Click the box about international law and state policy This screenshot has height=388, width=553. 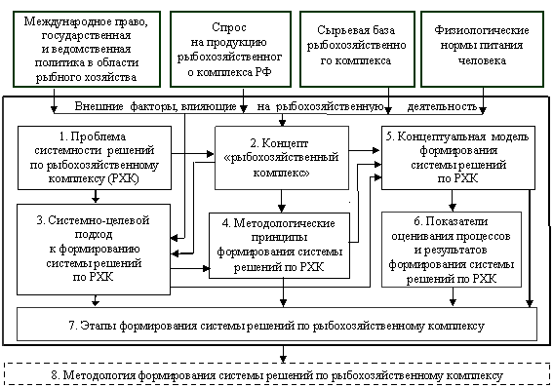[x=87, y=49]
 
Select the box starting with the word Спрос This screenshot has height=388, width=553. [x=230, y=49]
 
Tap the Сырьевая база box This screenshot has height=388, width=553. [x=357, y=49]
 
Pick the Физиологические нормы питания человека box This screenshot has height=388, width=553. [x=482, y=49]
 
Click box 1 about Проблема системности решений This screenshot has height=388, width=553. [x=95, y=158]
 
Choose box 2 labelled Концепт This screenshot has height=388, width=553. [x=282, y=158]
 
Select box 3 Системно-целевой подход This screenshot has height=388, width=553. [x=94, y=250]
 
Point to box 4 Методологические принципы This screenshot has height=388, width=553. [x=279, y=246]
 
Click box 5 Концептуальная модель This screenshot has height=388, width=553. [x=458, y=158]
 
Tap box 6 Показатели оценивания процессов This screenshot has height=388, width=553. [x=452, y=250]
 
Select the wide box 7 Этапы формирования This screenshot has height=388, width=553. [x=277, y=325]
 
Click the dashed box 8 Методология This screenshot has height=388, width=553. [x=277, y=374]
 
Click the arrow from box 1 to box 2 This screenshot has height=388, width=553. [x=193, y=154]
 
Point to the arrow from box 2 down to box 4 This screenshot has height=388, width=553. [x=282, y=201]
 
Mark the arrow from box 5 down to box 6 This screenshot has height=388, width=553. [x=453, y=201]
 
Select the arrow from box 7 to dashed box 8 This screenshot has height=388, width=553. [x=283, y=354]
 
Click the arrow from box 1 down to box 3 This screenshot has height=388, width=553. [x=96, y=197]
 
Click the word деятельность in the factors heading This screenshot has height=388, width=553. [x=442, y=106]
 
